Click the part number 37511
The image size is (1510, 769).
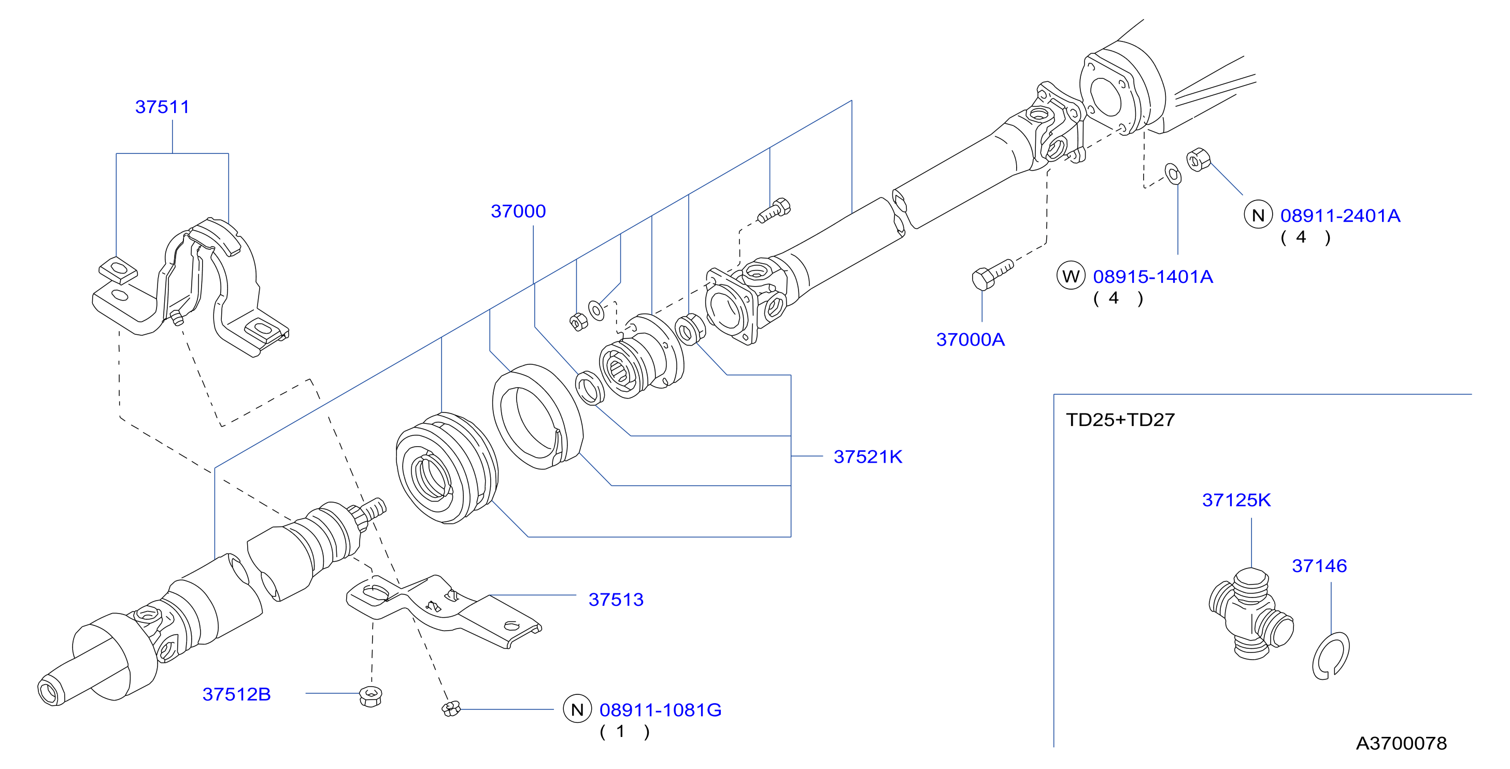point(162,107)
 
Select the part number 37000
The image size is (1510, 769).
point(518,211)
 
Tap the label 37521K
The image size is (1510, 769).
point(867,457)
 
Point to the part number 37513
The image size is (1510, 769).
point(616,600)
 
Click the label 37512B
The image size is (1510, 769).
point(236,694)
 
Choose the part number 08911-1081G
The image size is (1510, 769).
point(661,710)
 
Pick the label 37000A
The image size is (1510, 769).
point(970,339)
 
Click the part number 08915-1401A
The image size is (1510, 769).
point(1153,277)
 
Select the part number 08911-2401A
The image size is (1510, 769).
point(1340,216)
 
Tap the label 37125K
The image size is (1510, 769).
point(1236,500)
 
